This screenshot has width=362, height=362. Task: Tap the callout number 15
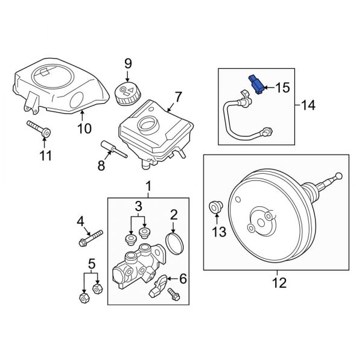(x=282, y=89)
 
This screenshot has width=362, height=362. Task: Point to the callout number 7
(x=178, y=96)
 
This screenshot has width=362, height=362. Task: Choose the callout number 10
(x=84, y=127)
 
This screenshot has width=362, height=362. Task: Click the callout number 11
(x=46, y=157)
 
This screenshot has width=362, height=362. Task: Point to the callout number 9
(x=127, y=63)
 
